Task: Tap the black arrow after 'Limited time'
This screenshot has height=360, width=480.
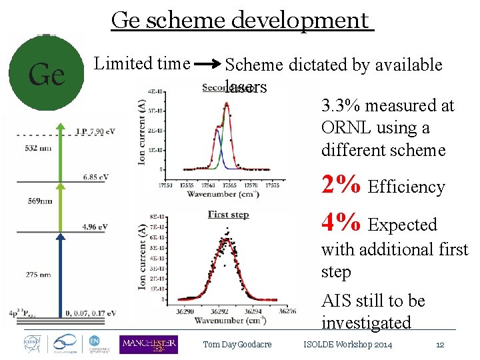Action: click(207, 65)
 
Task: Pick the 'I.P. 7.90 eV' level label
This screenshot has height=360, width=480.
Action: click(95, 131)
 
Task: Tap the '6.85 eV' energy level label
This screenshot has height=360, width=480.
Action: click(95, 177)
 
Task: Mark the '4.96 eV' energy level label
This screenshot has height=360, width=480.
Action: click(95, 227)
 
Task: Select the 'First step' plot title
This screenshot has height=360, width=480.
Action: click(228, 215)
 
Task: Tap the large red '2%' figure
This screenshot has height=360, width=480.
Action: click(341, 186)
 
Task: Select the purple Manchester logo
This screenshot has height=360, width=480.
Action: click(148, 344)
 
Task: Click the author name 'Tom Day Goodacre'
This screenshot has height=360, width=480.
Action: click(237, 345)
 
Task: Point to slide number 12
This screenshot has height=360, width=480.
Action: click(439, 345)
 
